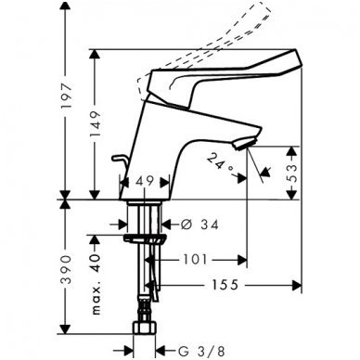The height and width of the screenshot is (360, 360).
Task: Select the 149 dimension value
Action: [x=101, y=119]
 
